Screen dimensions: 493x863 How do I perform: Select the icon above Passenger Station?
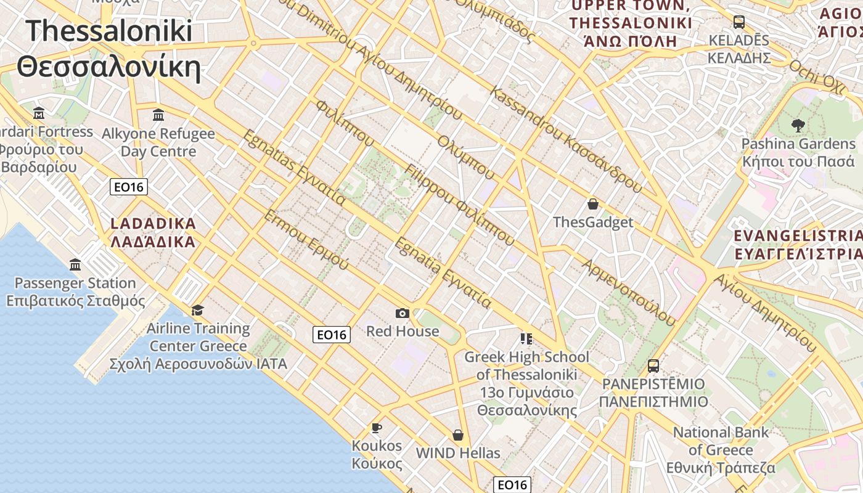click(75, 264)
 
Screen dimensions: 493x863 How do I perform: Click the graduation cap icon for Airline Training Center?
click(197, 309)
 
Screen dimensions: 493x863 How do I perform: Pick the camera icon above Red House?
click(403, 314)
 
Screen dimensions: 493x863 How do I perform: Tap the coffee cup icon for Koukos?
click(376, 428)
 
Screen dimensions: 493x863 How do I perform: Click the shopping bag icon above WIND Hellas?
click(458, 435)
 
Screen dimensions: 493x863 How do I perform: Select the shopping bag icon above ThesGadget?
click(593, 204)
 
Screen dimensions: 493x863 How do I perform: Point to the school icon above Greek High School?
click(526, 338)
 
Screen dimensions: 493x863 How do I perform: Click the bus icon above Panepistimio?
click(653, 366)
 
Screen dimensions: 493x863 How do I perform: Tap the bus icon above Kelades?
click(738, 22)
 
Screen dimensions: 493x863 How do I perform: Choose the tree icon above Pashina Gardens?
click(798, 126)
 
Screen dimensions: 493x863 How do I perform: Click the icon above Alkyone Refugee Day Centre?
click(158, 115)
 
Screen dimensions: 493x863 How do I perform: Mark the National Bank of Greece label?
click(721, 450)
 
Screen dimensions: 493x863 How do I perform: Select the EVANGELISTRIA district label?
click(798, 245)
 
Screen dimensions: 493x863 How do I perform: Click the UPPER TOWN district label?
click(631, 23)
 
